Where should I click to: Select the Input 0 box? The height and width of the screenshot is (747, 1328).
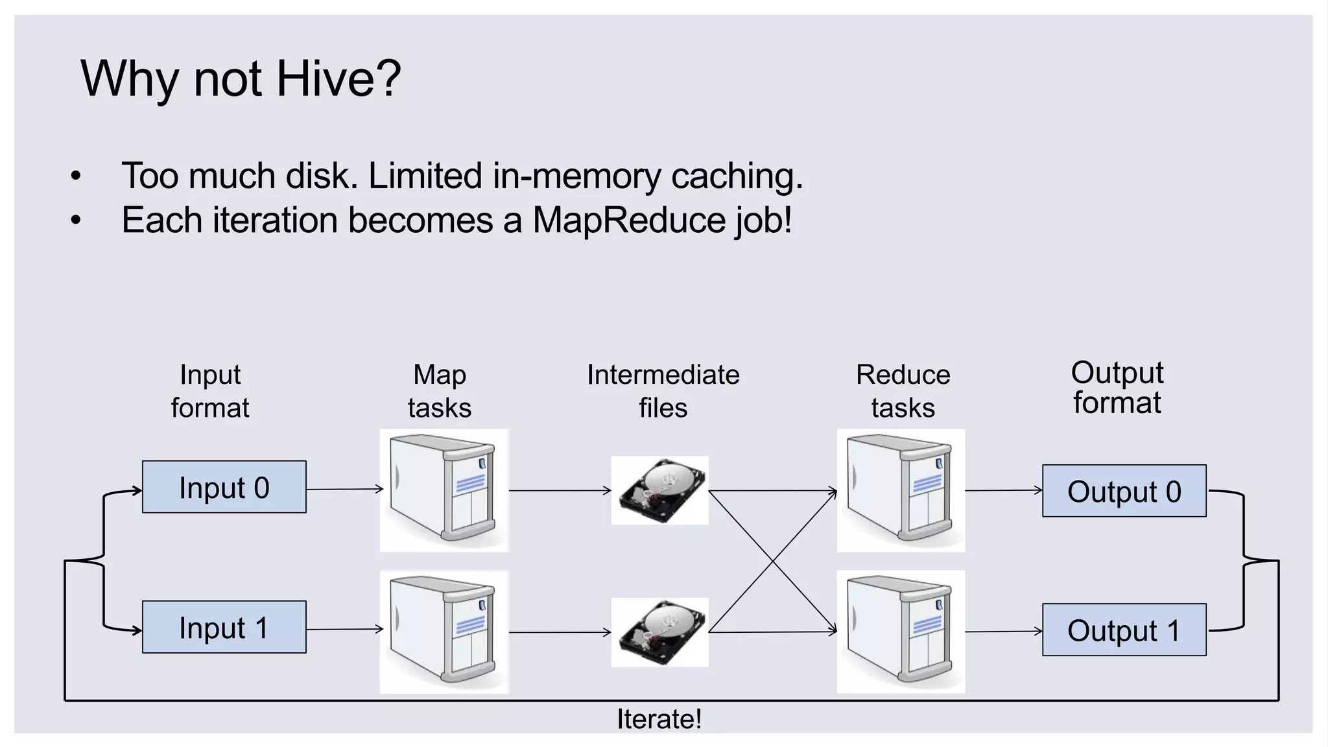pyautogui.click(x=224, y=487)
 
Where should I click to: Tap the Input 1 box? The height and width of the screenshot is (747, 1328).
pyautogui.click(x=224, y=627)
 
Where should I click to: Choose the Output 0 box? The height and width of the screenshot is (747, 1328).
pyautogui.click(x=1124, y=491)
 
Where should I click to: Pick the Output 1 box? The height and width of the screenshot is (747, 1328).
pyautogui.click(x=1124, y=630)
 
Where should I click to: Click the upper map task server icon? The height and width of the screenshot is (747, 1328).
pyautogui.click(x=444, y=490)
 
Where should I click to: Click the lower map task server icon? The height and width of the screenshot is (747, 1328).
pyautogui.click(x=444, y=632)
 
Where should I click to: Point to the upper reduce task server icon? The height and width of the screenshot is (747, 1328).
pyautogui.click(x=901, y=490)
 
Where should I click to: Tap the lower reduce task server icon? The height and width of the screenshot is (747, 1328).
pyautogui.click(x=901, y=632)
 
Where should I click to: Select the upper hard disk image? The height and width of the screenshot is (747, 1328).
pyautogui.click(x=660, y=490)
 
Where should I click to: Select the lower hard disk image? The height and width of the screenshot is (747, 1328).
pyautogui.click(x=660, y=632)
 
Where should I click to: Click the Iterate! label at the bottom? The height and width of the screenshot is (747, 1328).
pyautogui.click(x=659, y=719)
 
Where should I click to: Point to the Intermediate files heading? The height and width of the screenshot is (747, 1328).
pyautogui.click(x=663, y=391)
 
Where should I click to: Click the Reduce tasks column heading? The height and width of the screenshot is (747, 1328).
pyautogui.click(x=903, y=391)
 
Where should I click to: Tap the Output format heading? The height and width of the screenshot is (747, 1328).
pyautogui.click(x=1117, y=388)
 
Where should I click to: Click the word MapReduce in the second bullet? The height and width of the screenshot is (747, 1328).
pyautogui.click(x=630, y=220)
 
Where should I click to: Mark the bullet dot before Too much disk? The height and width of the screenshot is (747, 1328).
pyautogui.click(x=76, y=176)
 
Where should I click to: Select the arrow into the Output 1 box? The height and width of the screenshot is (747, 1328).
pyautogui.click(x=1003, y=631)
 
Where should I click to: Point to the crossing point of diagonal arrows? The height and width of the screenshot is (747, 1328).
pyautogui.click(x=772, y=561)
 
